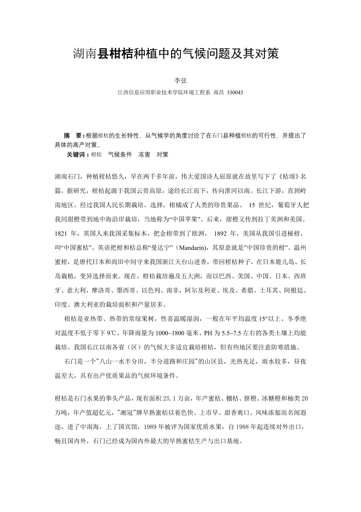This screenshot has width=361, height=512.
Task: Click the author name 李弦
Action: [x=180, y=80]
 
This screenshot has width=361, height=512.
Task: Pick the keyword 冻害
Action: [x=144, y=155]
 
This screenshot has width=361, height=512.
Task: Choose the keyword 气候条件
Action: [x=120, y=155]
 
